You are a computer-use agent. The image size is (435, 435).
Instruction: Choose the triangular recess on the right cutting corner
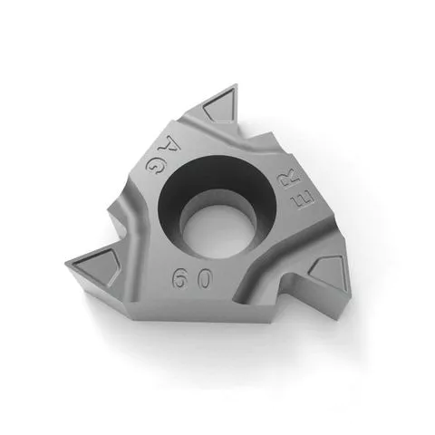(x=325, y=272)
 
